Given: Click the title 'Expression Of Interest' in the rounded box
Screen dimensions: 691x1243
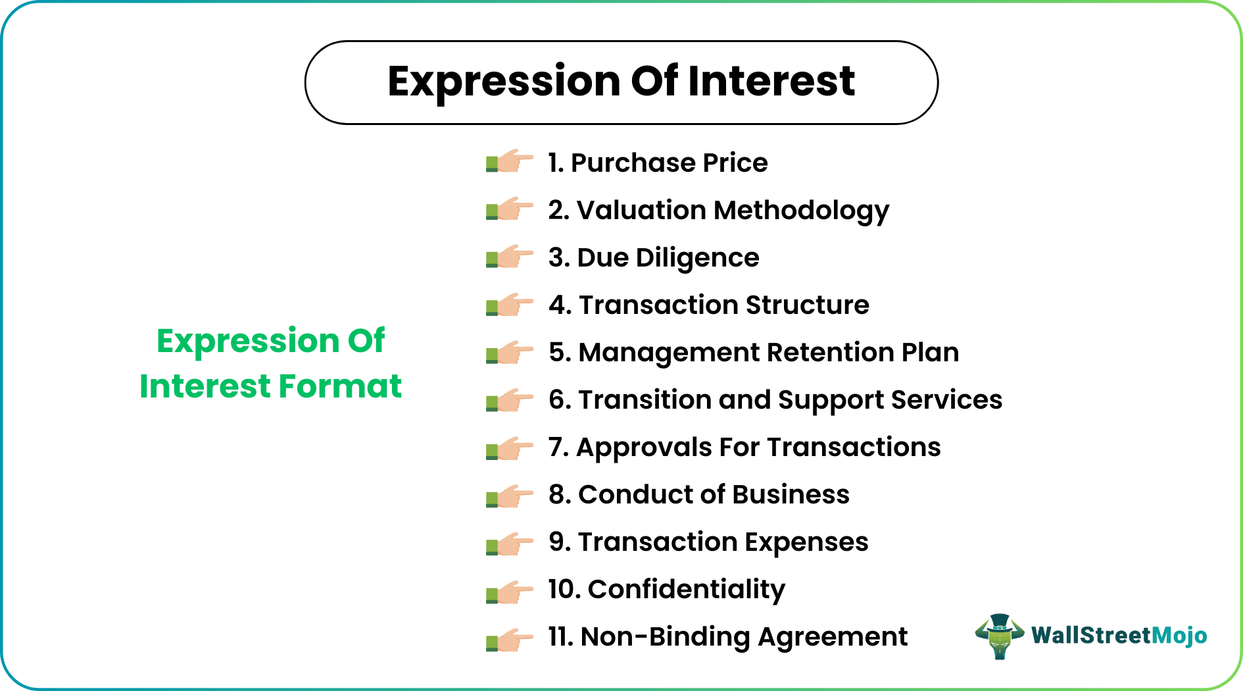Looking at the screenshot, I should point(621,82).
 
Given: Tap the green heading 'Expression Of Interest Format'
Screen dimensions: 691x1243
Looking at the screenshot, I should point(270,363).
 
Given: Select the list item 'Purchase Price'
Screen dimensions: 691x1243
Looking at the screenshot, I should point(658,163).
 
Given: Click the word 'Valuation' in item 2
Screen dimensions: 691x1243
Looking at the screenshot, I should point(641,210).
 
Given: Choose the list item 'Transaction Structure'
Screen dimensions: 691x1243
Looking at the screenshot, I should point(709,305).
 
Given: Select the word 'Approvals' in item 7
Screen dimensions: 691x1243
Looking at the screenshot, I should point(644,448).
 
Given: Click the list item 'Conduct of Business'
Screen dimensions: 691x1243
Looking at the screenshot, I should point(699,494).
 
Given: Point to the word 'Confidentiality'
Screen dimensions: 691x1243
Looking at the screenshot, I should point(686,590).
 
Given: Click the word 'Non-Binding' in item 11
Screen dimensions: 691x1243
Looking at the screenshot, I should point(665,636).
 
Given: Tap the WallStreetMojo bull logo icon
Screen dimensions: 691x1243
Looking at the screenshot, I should point(999,636).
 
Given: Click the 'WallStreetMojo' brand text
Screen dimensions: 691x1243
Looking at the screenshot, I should point(1119,635).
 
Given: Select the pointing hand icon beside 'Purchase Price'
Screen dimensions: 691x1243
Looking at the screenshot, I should point(510,161).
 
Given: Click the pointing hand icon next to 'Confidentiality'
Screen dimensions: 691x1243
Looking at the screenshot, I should point(510,592).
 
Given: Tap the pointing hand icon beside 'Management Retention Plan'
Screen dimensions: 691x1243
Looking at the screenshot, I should point(510,353).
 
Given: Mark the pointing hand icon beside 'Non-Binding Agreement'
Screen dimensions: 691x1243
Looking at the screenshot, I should point(510,640).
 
